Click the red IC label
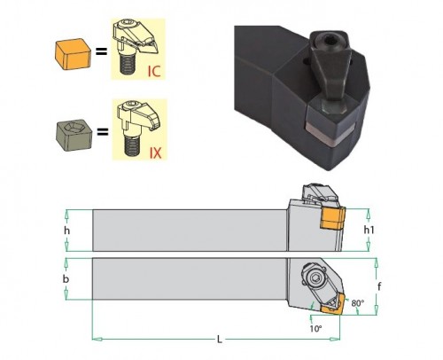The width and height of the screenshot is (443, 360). coord(154,71)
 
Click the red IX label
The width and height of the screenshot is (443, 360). coord(155,153)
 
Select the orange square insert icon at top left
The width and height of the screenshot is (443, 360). coord(73,54)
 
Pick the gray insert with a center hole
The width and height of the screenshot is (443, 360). coord(74,136)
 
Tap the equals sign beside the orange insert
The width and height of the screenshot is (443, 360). coord(101,52)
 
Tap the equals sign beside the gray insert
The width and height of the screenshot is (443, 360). coord(103,132)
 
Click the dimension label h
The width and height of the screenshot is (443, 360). coord(67,231)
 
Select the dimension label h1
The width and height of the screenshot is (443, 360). coord(369,230)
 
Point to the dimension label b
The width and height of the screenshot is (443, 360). coord(66,279)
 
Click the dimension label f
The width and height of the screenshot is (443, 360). coord(379,286)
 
